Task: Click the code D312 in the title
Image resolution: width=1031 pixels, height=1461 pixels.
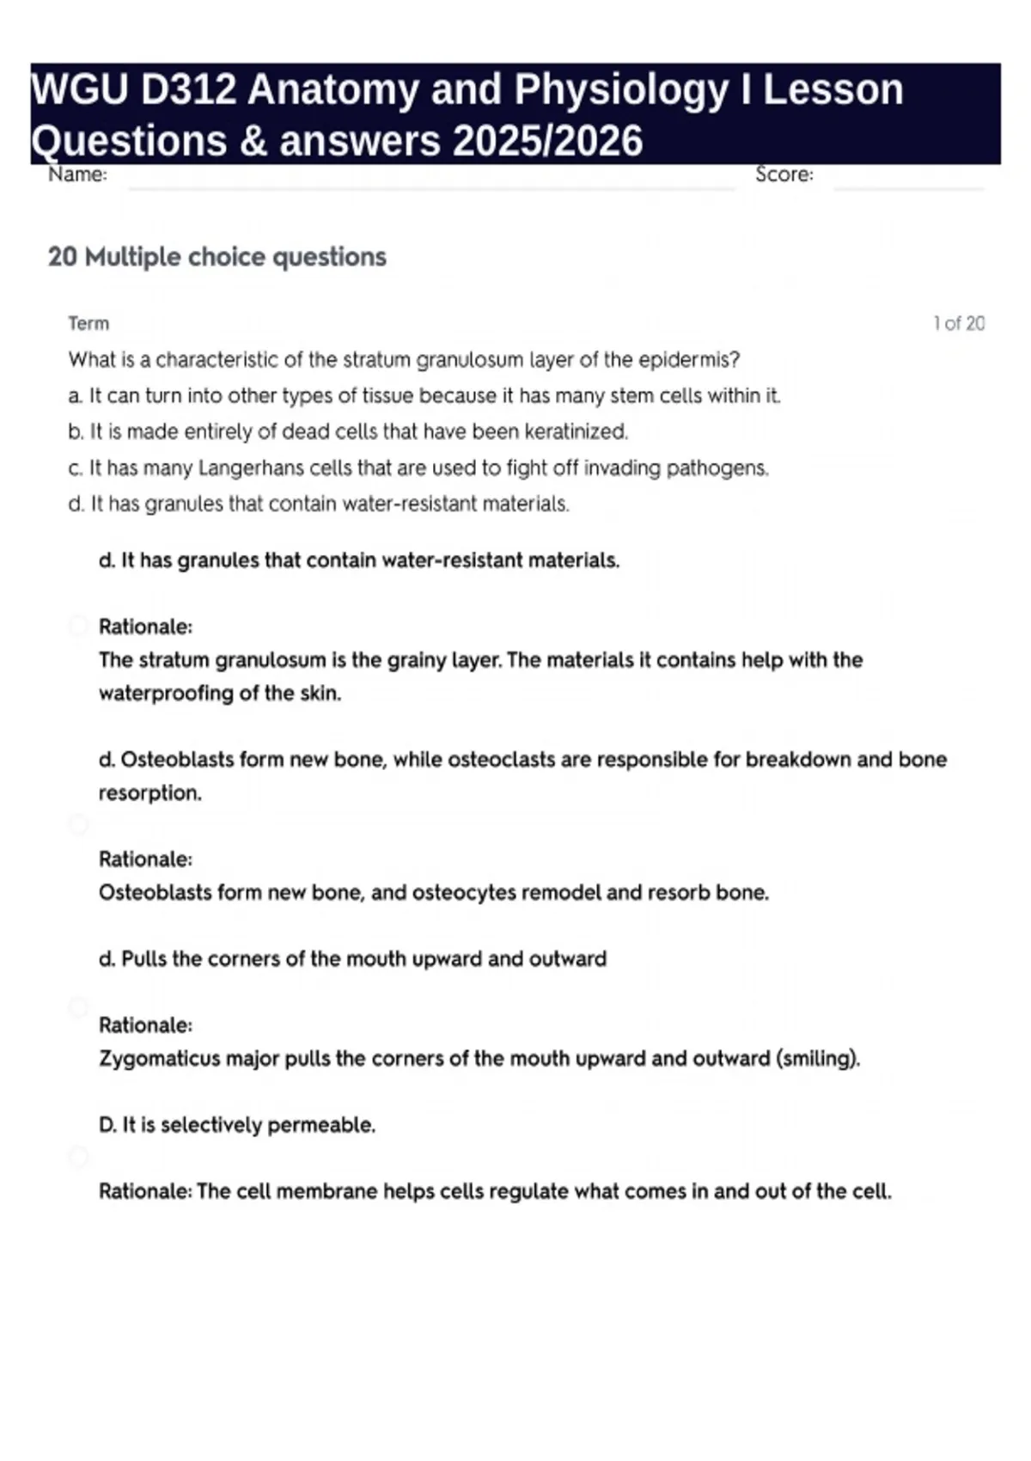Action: click(x=188, y=89)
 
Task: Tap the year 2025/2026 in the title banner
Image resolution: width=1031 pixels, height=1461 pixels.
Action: click(x=546, y=141)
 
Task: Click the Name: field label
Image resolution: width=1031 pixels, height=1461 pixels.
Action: click(x=77, y=174)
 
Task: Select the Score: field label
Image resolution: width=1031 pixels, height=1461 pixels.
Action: click(x=784, y=174)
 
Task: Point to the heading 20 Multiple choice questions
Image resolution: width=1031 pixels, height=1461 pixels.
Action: click(x=217, y=257)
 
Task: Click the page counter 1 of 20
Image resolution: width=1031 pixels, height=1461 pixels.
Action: click(x=958, y=324)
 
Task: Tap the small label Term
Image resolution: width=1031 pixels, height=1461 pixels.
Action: click(x=88, y=324)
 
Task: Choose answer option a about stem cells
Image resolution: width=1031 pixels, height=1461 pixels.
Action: click(x=424, y=395)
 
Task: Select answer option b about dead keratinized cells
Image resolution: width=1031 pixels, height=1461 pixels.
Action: click(x=348, y=431)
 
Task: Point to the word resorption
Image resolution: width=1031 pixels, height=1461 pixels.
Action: click(x=149, y=793)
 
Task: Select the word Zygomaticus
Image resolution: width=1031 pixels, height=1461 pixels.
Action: click(x=160, y=1059)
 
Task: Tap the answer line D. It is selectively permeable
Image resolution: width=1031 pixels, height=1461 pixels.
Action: click(x=237, y=1125)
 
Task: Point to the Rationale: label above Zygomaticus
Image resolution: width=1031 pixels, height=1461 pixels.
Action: click(x=145, y=1025)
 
